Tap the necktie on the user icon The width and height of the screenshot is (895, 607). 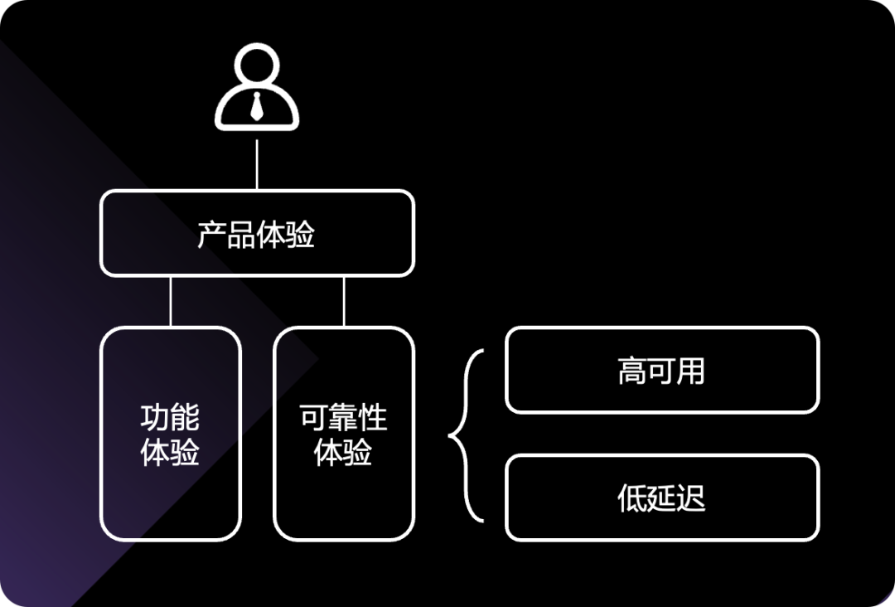(x=257, y=106)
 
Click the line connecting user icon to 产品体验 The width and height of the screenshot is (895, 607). (x=257, y=164)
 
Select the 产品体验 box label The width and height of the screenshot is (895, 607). (x=257, y=235)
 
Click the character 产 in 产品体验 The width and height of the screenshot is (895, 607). (x=212, y=235)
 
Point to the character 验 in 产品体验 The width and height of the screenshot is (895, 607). (x=301, y=235)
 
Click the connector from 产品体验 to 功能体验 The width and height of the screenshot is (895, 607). (x=171, y=301)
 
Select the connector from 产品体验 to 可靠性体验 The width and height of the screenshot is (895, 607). (x=343, y=301)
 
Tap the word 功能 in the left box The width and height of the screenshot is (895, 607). (x=171, y=418)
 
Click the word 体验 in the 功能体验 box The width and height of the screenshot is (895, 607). (x=171, y=453)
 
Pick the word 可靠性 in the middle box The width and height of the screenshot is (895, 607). (x=343, y=418)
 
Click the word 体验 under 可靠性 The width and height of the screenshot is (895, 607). (x=343, y=453)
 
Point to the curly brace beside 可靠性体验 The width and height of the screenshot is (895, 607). (x=466, y=435)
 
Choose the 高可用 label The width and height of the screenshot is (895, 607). (x=661, y=371)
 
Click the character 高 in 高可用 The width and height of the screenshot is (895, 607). (x=632, y=371)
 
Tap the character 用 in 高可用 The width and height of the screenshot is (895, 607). (x=690, y=371)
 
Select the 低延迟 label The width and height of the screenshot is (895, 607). (x=661, y=498)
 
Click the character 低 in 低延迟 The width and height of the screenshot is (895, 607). (x=632, y=498)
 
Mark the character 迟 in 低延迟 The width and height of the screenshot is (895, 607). (x=690, y=498)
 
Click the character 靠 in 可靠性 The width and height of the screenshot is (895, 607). (x=343, y=418)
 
